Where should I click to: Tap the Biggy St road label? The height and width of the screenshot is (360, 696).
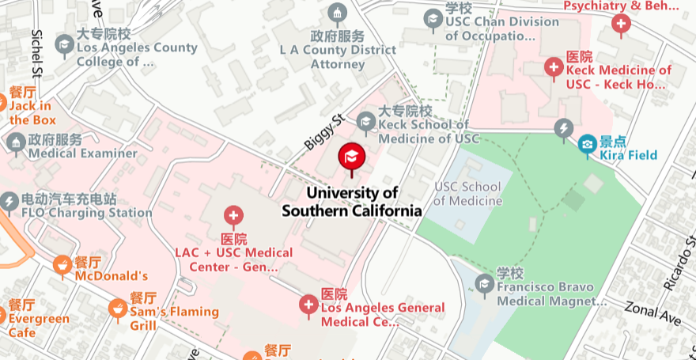[324, 131]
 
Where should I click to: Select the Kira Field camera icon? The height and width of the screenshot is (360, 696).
[587, 144]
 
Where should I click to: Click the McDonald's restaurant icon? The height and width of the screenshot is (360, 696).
[62, 266]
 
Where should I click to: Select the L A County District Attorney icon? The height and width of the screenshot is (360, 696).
[338, 13]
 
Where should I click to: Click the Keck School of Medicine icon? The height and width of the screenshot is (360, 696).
[365, 121]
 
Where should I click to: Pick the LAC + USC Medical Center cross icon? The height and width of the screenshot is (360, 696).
[233, 215]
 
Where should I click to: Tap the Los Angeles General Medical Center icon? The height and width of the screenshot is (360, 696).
[308, 304]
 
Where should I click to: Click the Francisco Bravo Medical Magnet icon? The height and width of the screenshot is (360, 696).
[484, 283]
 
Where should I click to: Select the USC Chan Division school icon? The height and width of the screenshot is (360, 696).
[433, 18]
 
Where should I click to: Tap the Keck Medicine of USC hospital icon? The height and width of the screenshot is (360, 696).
[554, 66]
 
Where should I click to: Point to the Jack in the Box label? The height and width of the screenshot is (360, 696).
[32, 113]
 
